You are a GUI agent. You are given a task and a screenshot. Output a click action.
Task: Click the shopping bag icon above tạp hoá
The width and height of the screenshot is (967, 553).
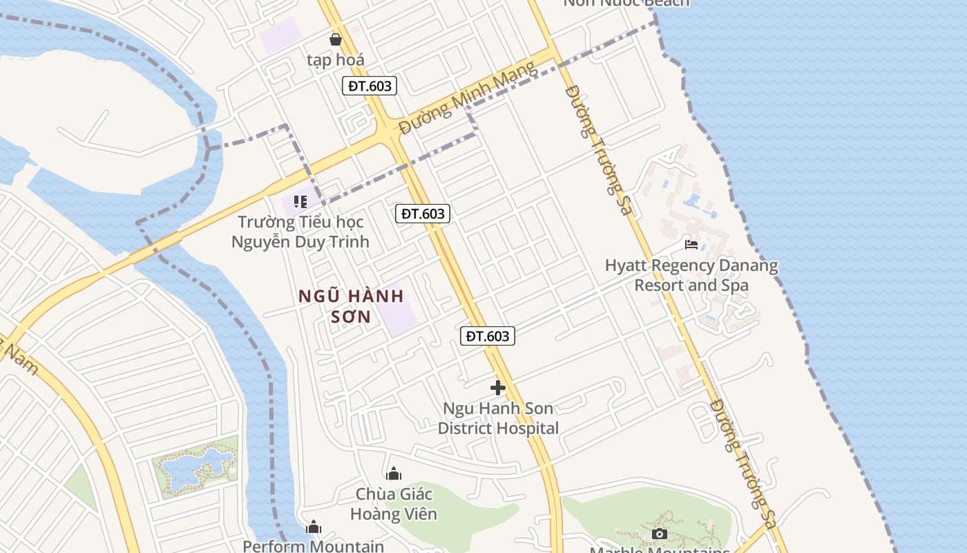click(336, 39)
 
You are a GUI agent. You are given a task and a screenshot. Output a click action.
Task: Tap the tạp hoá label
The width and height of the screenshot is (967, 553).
click(336, 60)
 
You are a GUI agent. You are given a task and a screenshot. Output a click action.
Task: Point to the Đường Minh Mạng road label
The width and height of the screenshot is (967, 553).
click(467, 97)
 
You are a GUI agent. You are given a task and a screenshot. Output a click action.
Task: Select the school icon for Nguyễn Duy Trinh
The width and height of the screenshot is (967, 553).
click(300, 202)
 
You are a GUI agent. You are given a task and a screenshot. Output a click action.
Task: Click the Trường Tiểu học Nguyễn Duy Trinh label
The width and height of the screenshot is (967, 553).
click(300, 232)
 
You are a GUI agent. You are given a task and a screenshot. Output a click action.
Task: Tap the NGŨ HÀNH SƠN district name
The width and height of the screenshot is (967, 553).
click(351, 306)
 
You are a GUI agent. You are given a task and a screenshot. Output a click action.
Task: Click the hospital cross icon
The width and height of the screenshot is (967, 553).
click(497, 388)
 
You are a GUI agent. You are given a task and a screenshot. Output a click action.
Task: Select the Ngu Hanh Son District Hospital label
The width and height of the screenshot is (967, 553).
click(498, 418)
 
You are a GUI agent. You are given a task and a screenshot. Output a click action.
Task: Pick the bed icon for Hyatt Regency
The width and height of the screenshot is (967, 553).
click(691, 245)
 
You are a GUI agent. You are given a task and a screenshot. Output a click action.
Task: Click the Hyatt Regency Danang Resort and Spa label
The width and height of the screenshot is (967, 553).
click(691, 275)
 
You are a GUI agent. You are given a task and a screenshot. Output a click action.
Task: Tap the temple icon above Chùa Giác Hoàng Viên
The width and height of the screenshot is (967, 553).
click(394, 474)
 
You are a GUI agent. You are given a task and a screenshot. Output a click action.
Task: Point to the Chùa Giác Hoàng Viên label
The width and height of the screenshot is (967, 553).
click(394, 504)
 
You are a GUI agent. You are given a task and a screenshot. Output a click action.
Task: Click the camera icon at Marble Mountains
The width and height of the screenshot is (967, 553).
click(660, 534)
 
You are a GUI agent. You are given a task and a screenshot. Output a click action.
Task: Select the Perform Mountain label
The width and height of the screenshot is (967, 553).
click(313, 546)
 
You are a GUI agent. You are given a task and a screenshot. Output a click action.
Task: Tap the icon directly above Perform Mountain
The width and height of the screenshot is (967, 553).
click(314, 527)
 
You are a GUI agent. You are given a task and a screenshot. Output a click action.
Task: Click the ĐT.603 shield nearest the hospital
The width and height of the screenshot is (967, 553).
click(488, 336)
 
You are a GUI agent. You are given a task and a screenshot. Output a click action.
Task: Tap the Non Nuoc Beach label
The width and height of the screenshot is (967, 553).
click(626, 3)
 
